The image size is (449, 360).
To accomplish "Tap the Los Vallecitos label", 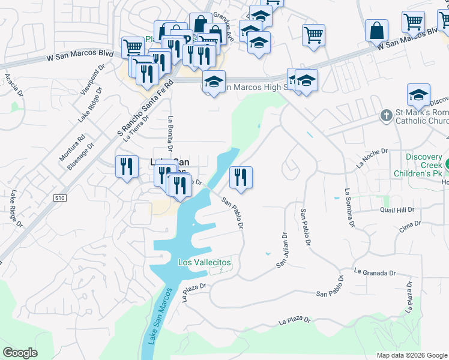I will pos(205,263).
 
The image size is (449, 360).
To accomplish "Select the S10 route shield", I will pos(59,197).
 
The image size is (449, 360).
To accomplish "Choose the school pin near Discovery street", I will pos(418,95).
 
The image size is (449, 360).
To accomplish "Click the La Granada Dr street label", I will pos(375,272).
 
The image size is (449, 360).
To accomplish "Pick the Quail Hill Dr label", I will pos(397,210).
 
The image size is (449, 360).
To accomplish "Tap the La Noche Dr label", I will pos(372,158).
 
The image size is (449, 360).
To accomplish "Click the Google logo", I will pos(20,353).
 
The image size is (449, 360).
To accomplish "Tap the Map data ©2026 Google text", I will pos(412,355).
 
